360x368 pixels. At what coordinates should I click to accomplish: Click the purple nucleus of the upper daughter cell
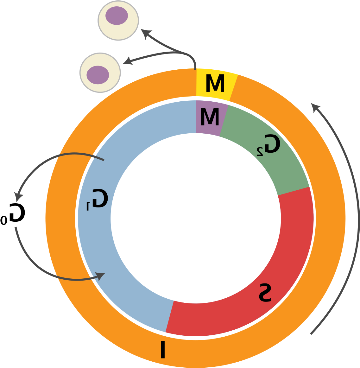pyautogui.click(x=117, y=16)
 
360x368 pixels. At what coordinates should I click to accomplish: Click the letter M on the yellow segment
pyautogui.click(x=215, y=84)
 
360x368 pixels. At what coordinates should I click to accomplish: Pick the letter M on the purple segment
pyautogui.click(x=210, y=117)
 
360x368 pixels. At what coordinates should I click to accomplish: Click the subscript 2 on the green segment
pyautogui.click(x=260, y=152)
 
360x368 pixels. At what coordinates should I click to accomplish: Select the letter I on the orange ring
pyautogui.click(x=163, y=349)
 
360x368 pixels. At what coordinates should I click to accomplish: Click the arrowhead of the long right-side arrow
pyautogui.click(x=315, y=107)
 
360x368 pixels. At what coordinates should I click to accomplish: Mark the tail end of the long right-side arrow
pyautogui.click(x=311, y=334)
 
